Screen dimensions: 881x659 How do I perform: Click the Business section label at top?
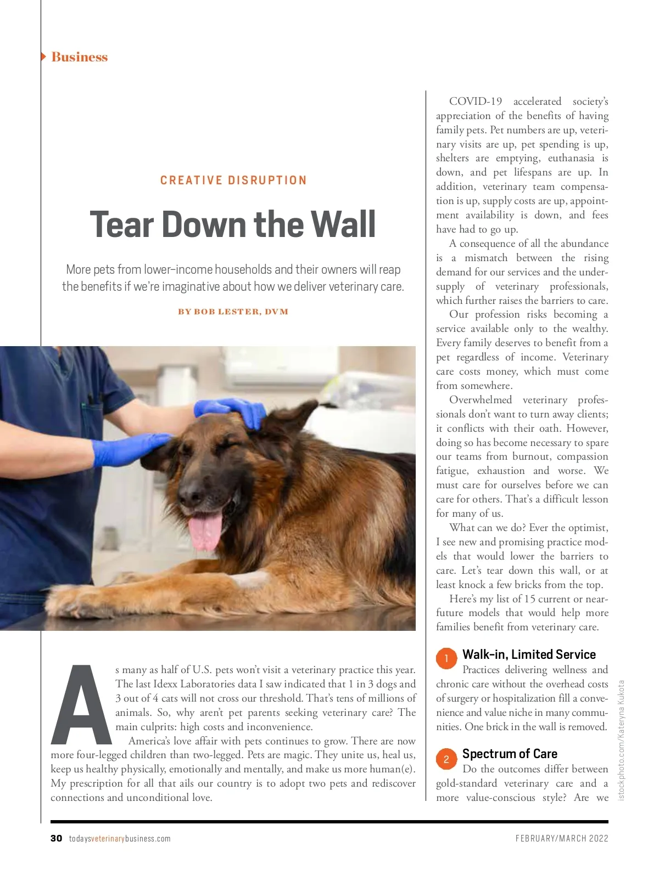point(79,57)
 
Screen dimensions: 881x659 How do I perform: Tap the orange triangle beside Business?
point(43,57)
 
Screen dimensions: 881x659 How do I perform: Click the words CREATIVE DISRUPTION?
point(233,180)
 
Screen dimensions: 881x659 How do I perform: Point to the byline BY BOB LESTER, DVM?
point(233,312)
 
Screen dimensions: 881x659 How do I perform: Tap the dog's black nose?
point(194,490)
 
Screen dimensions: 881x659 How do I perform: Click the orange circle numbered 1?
point(446,658)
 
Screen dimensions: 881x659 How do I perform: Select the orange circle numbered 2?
point(446,759)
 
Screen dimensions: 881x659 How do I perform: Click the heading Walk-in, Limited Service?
point(529,654)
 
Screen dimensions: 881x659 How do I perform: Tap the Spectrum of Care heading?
point(510,754)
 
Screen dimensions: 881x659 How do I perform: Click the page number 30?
point(56,838)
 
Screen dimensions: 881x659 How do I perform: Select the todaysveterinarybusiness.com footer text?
point(120,839)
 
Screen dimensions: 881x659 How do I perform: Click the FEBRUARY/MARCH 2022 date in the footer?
point(562,838)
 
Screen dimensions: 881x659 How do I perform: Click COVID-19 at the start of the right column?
point(476,101)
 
